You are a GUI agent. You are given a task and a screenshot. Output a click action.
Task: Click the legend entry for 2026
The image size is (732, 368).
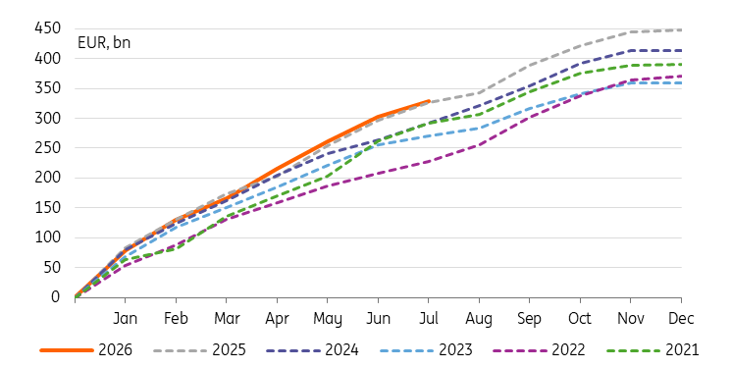point(86,349)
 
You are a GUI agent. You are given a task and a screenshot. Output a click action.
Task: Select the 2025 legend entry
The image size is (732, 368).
point(199,349)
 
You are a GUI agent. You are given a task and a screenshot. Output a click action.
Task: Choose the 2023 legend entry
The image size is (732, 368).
point(426,349)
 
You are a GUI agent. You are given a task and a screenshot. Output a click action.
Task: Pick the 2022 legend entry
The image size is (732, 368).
point(539,349)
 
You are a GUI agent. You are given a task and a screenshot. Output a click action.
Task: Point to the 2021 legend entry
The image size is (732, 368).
point(653,349)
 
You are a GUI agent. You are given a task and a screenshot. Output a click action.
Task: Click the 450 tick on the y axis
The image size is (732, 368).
point(48,28)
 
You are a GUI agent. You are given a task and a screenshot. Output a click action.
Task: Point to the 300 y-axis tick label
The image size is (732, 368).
point(48,118)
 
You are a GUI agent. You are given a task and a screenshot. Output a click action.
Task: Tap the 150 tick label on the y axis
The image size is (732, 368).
point(48,208)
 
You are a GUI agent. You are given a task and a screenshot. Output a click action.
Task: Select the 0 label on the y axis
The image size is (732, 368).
point(56,297)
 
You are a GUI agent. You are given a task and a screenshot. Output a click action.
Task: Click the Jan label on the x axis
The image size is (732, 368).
point(126,319)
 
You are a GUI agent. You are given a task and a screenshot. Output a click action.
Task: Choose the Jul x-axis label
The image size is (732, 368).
point(429,319)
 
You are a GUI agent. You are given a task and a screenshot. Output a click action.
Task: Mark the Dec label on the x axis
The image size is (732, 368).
point(681,319)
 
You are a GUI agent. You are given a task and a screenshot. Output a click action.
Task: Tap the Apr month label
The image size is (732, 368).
point(277,319)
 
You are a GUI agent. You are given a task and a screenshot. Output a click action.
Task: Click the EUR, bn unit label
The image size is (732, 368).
point(104,43)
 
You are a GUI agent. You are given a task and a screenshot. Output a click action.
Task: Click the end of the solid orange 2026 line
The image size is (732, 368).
point(429,100)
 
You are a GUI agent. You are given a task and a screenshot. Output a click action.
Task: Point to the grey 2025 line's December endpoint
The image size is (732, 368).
point(681,29)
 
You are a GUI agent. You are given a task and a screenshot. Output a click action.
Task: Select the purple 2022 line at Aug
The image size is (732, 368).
point(479,145)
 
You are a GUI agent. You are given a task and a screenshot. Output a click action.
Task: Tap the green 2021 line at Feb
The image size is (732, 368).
point(176,249)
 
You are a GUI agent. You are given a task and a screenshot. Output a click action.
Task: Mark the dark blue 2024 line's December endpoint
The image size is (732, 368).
point(681,50)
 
